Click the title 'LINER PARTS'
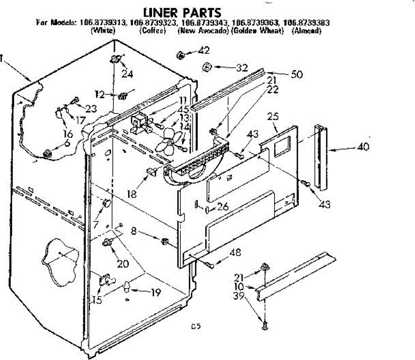click(x=182, y=12)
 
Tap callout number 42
click(x=204, y=51)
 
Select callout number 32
click(x=242, y=67)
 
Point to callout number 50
click(x=297, y=74)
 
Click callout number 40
click(x=363, y=146)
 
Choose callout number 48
click(x=235, y=252)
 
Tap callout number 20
click(x=123, y=263)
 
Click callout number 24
click(x=127, y=73)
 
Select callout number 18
click(x=132, y=193)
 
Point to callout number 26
click(x=223, y=207)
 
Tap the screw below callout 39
click(x=265, y=325)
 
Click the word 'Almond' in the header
click(x=307, y=30)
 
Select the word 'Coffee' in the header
click(x=153, y=30)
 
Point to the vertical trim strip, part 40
click(x=321, y=157)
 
